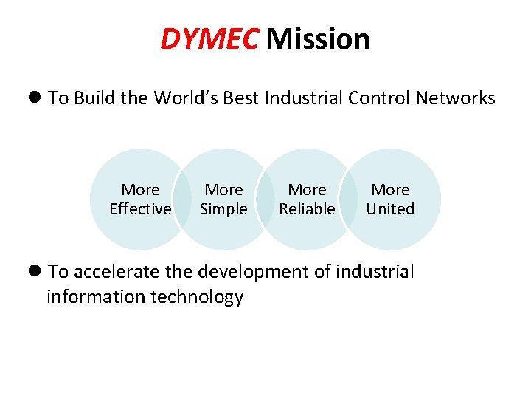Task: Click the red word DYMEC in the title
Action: tap(209, 39)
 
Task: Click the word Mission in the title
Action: tap(318, 39)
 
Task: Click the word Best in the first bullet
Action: tap(243, 98)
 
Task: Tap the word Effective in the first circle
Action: tap(140, 209)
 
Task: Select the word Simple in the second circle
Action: tap(223, 209)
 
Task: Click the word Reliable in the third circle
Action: tap(307, 209)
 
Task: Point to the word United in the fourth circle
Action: tap(390, 209)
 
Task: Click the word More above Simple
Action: tap(223, 191)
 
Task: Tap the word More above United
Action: tap(390, 191)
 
